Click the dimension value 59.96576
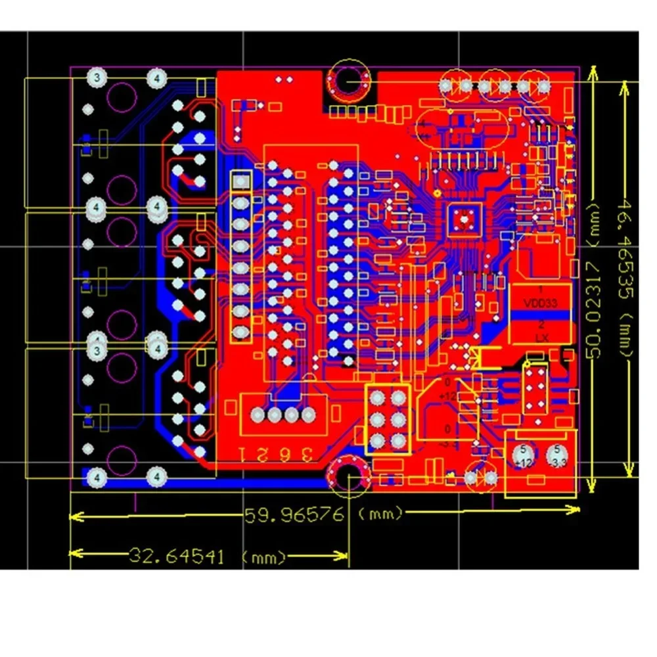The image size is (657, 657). click(x=294, y=514)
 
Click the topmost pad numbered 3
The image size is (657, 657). click(x=97, y=78)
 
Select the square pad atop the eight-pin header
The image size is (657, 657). click(x=242, y=180)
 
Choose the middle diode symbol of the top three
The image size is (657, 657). click(x=495, y=85)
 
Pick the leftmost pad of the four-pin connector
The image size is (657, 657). click(x=257, y=415)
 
